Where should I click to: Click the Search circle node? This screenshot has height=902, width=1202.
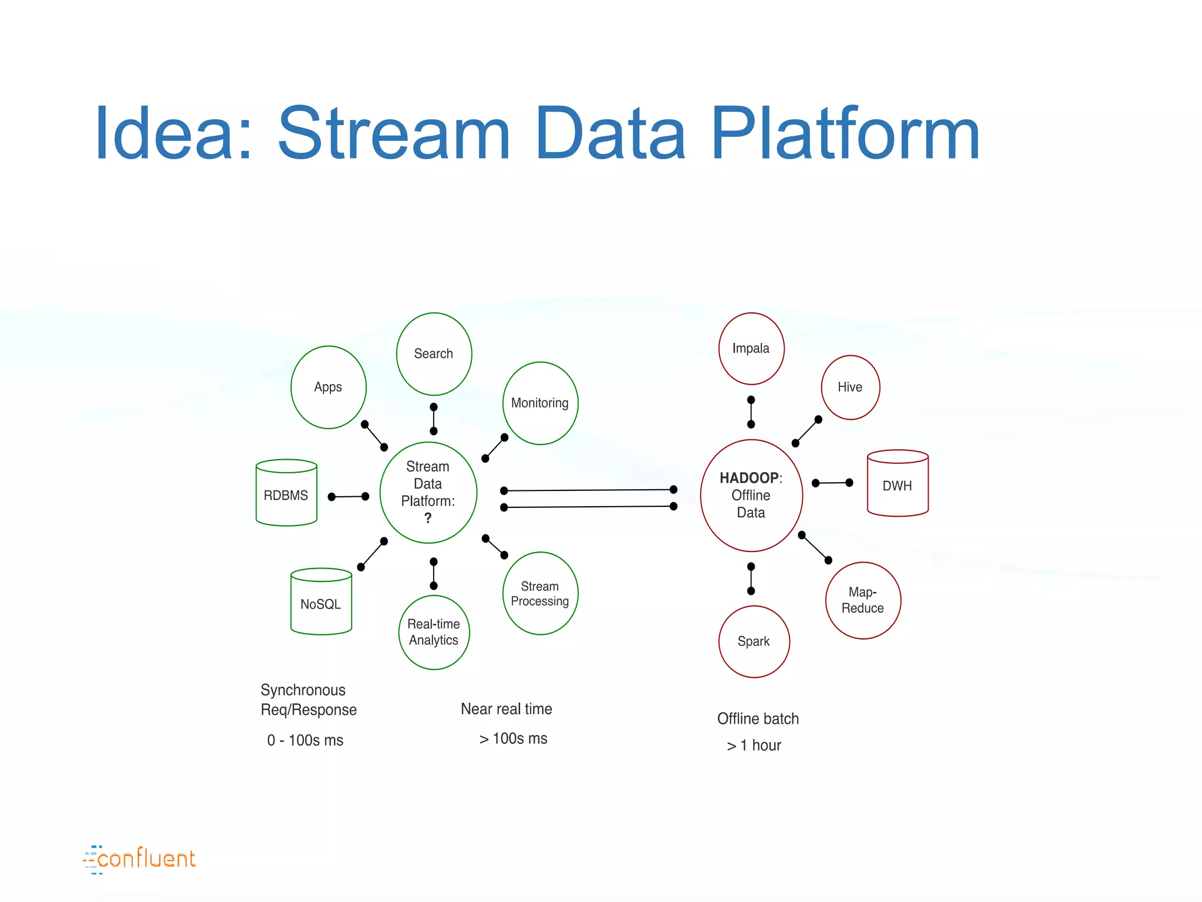pyautogui.click(x=434, y=354)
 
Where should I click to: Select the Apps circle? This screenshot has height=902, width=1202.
pyautogui.click(x=328, y=387)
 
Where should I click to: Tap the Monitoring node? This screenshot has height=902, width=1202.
pyautogui.click(x=540, y=403)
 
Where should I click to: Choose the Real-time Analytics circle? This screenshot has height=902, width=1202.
pyautogui.click(x=434, y=632)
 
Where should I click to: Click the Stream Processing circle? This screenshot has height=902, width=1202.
pyautogui.click(x=540, y=593)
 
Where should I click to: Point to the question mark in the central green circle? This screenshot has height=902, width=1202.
pyautogui.click(x=428, y=518)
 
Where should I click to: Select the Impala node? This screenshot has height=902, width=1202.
pyautogui.click(x=751, y=348)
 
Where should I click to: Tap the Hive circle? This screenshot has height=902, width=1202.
pyautogui.click(x=850, y=387)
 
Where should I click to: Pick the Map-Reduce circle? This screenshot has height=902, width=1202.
pyautogui.click(x=863, y=600)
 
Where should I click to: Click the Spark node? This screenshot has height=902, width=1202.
pyautogui.click(x=754, y=641)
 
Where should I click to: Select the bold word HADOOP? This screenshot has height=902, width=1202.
pyautogui.click(x=749, y=477)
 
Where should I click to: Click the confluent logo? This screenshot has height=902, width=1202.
pyautogui.click(x=140, y=859)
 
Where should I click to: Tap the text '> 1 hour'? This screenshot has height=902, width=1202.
pyautogui.click(x=754, y=746)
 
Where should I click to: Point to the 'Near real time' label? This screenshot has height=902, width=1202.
pyautogui.click(x=507, y=709)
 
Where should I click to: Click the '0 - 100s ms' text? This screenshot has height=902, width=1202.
pyautogui.click(x=305, y=740)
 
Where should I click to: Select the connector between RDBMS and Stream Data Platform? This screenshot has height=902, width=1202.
pyautogui.click(x=349, y=497)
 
